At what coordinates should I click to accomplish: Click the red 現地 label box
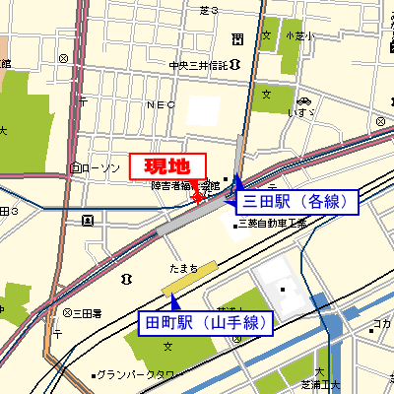pos(166,165)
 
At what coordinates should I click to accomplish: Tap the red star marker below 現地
pos(196,198)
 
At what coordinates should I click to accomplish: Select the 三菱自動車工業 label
pos(275,224)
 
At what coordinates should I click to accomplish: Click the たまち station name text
pos(182,268)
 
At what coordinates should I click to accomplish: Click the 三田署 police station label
pos(87,312)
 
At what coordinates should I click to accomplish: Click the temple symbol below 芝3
pos(237,38)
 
